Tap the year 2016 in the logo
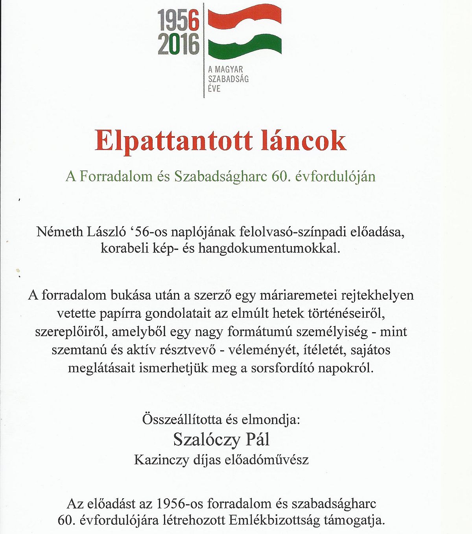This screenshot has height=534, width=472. (x=179, y=44)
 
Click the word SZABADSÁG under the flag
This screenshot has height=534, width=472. (x=229, y=79)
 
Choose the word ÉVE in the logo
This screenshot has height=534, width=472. (x=214, y=89)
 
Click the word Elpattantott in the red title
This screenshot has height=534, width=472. (x=173, y=141)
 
